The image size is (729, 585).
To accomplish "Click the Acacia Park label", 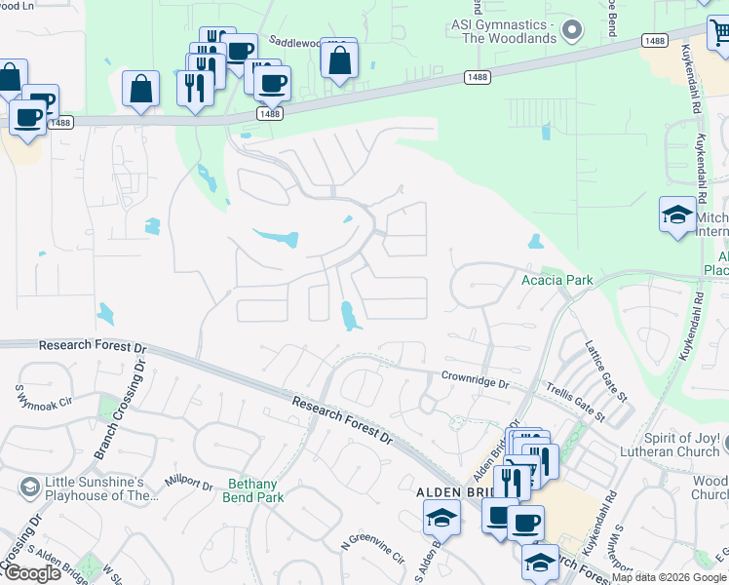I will [556, 280].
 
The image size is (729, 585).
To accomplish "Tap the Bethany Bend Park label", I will [253, 491].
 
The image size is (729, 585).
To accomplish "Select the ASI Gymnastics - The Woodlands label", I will [504, 30].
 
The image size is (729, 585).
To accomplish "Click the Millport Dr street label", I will [189, 483].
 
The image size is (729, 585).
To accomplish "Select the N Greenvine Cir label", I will [371, 551].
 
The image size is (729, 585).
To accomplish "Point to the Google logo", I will [31, 572].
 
